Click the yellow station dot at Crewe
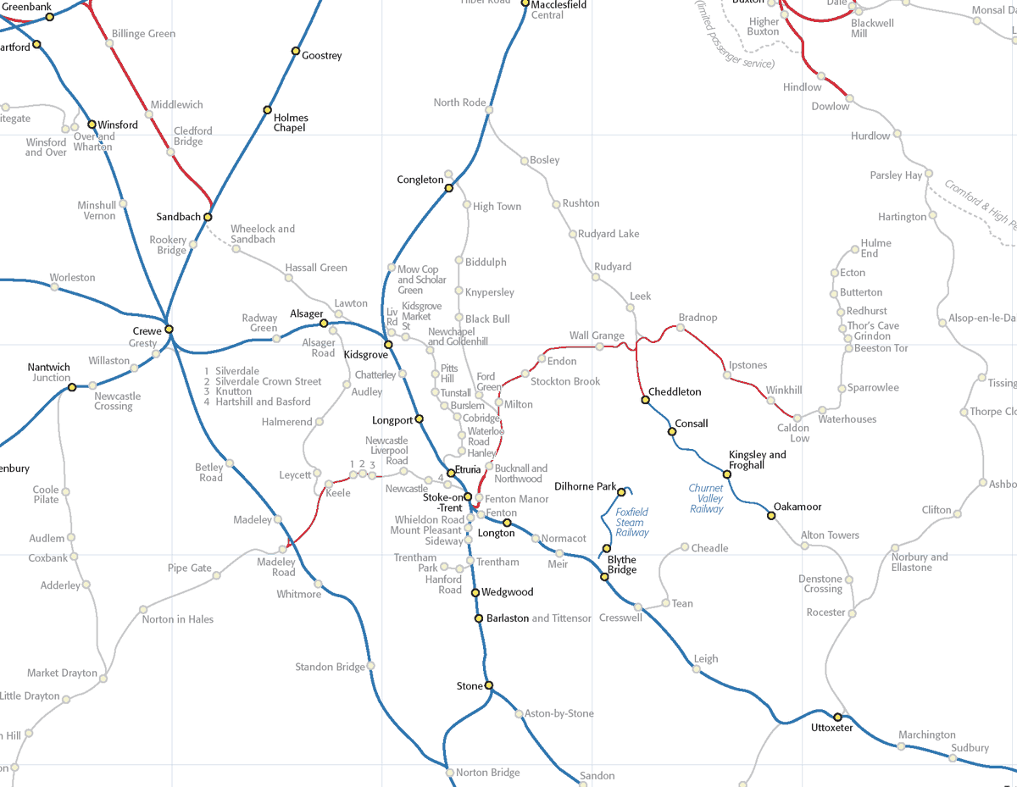point(169,329)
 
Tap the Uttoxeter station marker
point(838,717)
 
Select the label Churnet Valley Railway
point(706,498)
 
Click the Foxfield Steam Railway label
point(631,522)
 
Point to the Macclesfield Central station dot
point(525,5)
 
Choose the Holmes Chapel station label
point(291,123)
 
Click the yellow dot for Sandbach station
point(208,217)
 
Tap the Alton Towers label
point(830,535)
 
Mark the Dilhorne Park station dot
point(621,492)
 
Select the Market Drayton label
point(62,673)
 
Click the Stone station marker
point(488,685)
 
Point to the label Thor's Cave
point(873,326)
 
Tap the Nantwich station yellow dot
point(72,387)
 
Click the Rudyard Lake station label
point(609,234)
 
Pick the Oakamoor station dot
point(771,515)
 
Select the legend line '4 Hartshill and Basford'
point(257,402)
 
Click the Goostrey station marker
point(296,50)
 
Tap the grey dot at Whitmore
point(318,583)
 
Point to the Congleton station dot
point(450,188)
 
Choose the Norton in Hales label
point(178,619)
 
